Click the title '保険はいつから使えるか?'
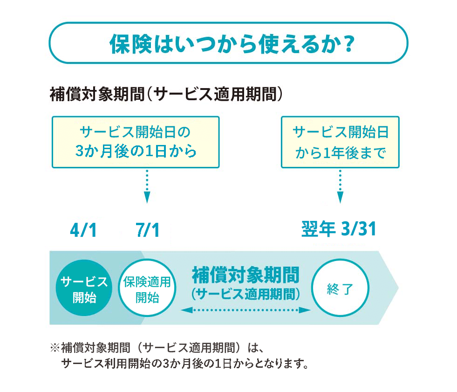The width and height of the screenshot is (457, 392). tap(232, 44)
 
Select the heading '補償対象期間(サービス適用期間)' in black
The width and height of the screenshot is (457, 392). tap(166, 94)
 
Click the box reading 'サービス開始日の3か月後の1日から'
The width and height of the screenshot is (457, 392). tap(136, 142)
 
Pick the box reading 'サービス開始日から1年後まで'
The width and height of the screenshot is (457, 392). tap(340, 142)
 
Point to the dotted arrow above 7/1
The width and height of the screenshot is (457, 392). tap(147, 186)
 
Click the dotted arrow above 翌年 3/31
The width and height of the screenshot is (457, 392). tap(340, 186)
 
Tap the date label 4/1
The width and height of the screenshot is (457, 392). tap(83, 230)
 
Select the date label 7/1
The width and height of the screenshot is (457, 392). tap(148, 230)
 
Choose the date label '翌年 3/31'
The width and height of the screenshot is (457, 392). tap(339, 229)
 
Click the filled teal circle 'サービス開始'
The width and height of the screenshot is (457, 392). tap(84, 288)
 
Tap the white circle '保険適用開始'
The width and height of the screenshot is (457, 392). tap(147, 288)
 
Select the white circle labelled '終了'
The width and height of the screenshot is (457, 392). tap(340, 288)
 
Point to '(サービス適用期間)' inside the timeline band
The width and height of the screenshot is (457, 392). tap(246, 294)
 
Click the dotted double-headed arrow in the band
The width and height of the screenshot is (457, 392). tap(246, 310)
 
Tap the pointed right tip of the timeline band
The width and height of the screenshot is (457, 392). tap(398, 288)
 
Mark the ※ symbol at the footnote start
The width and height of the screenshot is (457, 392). tap(55, 348)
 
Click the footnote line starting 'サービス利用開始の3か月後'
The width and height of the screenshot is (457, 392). tap(185, 364)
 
